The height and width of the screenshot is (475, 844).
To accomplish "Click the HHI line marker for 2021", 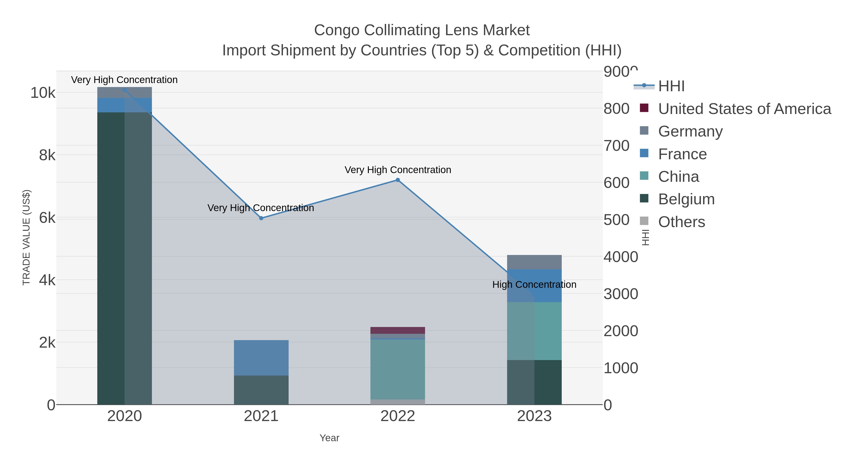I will (261, 218).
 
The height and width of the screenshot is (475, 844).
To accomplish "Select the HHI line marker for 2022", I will (398, 180).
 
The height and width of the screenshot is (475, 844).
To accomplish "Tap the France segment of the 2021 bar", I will (261, 358).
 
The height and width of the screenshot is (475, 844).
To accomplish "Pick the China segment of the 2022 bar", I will (398, 369).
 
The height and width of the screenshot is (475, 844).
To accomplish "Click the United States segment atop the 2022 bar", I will (398, 330).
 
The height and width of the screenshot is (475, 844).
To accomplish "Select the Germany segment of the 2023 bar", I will (534, 262).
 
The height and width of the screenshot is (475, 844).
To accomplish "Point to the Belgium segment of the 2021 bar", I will (261, 390).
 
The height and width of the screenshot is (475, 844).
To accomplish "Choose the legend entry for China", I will (678, 177).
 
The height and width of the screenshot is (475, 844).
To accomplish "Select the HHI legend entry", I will (671, 86).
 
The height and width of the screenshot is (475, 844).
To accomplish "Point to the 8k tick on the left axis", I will (47, 155).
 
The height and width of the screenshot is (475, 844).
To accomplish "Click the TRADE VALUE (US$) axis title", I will (26, 237).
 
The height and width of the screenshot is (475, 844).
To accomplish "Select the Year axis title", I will (329, 438).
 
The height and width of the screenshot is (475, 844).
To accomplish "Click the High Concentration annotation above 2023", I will (534, 285).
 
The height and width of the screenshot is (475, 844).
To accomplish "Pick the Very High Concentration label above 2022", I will (398, 170).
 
